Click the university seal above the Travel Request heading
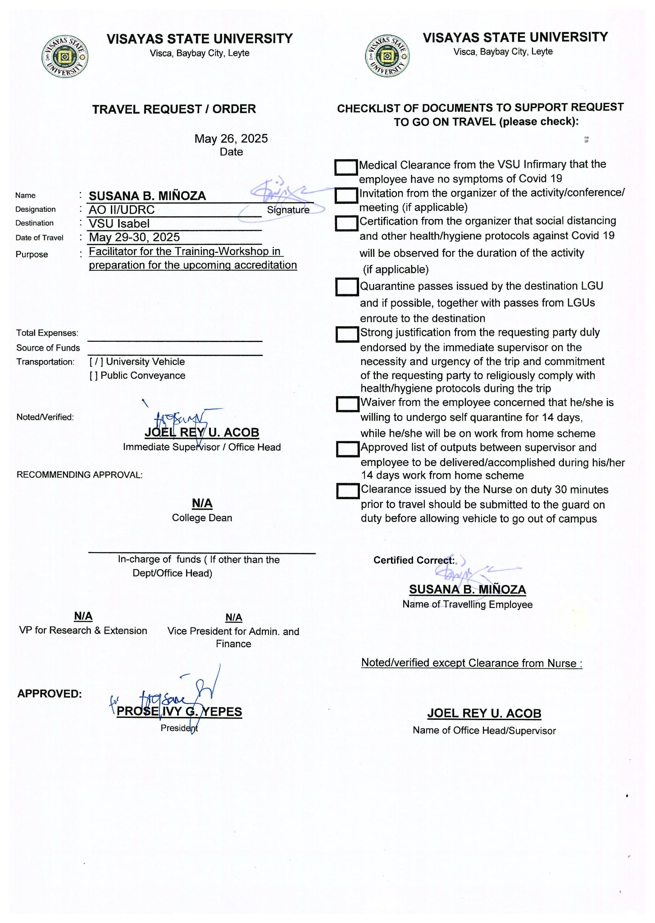[64, 58]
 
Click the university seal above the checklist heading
[387, 56]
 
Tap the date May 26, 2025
[231, 139]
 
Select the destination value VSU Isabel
[119, 224]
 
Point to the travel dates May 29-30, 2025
[134, 238]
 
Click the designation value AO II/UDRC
[122, 210]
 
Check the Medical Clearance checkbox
[346, 167]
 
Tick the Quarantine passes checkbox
[347, 287]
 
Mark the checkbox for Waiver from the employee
[347, 404]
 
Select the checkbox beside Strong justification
[347, 334]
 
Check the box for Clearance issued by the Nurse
[348, 491]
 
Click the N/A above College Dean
[202, 503]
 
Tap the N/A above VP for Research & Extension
[83, 616]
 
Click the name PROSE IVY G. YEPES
[179, 712]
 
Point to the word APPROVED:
[50, 694]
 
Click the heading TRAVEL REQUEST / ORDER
[174, 109]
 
